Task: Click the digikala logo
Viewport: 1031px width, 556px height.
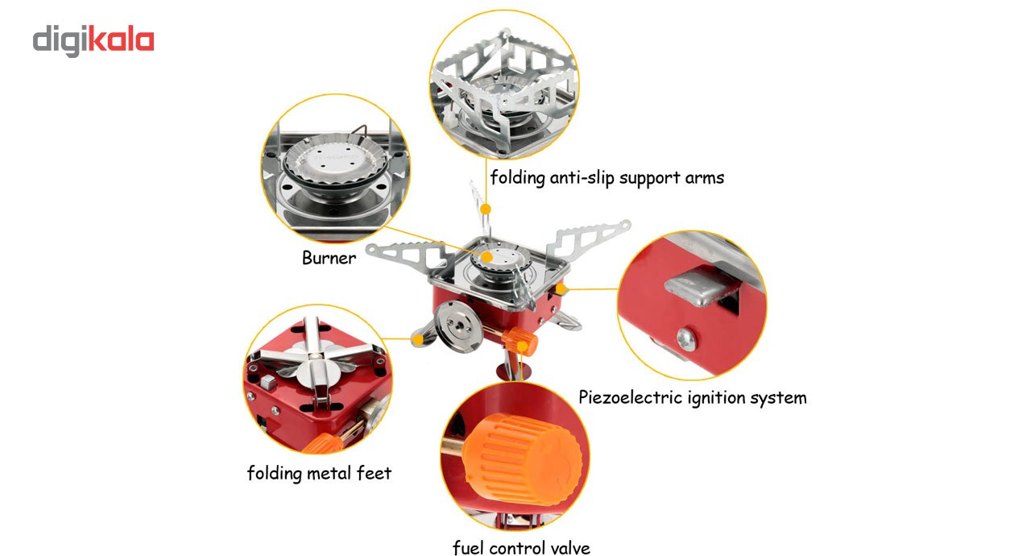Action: [93, 40]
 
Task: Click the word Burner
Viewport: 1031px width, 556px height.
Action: [329, 258]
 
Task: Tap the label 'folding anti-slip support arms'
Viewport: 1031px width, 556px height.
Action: [607, 177]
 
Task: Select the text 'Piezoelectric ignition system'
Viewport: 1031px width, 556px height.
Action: [692, 398]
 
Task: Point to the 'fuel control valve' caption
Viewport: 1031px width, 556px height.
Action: [521, 548]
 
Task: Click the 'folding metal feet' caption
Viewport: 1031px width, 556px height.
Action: [319, 473]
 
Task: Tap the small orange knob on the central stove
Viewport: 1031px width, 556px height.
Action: [520, 341]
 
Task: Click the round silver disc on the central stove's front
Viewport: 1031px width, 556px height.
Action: [458, 326]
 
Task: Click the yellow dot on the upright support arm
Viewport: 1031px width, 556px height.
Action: [486, 209]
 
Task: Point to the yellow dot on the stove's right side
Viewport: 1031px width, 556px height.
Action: [561, 289]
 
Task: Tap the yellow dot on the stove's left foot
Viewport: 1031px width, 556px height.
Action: [418, 340]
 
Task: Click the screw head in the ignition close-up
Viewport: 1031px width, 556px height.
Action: [687, 339]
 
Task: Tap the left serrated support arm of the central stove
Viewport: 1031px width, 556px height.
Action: [407, 256]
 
